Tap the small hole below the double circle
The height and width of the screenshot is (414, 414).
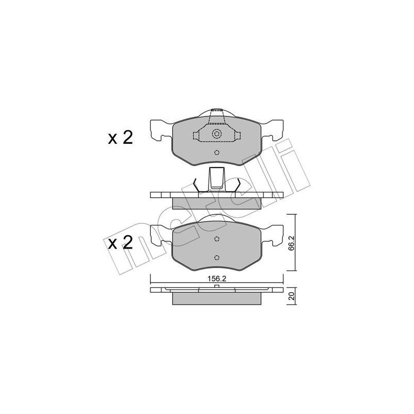pos(217,152)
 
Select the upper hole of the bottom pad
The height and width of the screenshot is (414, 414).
pos(217,239)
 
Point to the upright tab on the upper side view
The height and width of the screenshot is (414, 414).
pos(217,179)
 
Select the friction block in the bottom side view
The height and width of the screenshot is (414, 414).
pos(217,299)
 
